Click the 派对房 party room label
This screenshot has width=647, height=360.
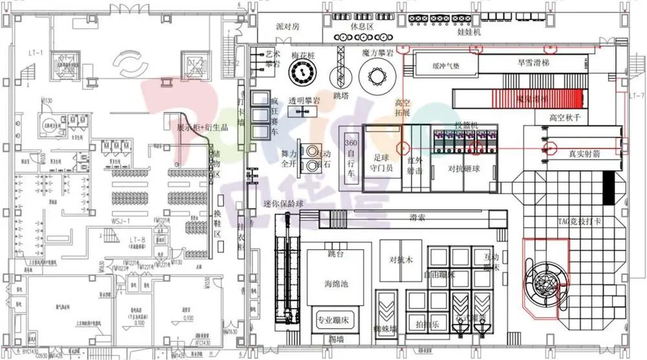click(288, 28)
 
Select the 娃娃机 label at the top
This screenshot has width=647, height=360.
click(470, 32)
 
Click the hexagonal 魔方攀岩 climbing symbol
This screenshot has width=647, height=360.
click(377, 78)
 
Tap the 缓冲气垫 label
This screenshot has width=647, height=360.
click(446, 65)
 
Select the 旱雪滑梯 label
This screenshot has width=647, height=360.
click(533, 63)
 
